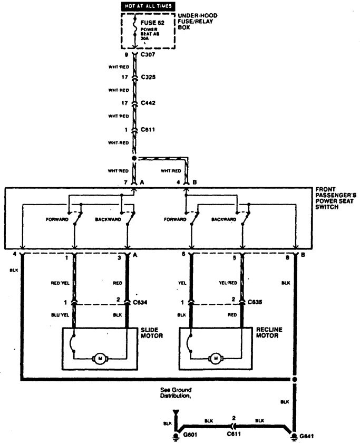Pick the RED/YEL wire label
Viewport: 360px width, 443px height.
(x=60, y=283)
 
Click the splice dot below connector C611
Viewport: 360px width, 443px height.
(x=134, y=158)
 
